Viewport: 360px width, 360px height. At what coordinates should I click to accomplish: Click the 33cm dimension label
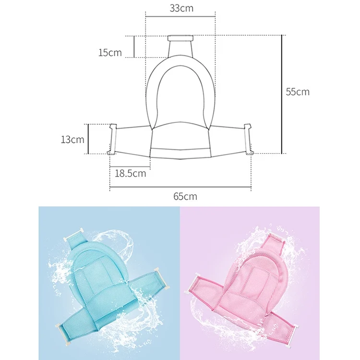pos(181,8)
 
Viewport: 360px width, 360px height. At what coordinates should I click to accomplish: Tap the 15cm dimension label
pos(110,53)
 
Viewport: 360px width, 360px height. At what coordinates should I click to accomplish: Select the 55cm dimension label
pos(298,92)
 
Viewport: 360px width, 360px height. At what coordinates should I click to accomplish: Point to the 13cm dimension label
pos(72,139)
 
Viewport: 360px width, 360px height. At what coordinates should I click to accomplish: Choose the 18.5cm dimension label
pos(130,173)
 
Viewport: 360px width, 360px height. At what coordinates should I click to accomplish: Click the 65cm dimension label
pos(185,196)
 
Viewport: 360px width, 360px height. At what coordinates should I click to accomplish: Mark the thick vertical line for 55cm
pos(282,94)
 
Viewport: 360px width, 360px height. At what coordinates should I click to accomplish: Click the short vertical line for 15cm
pos(134,47)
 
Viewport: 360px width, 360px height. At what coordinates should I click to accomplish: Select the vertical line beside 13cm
pos(88,139)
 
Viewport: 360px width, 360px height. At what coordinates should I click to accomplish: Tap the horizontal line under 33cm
pos(180,16)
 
